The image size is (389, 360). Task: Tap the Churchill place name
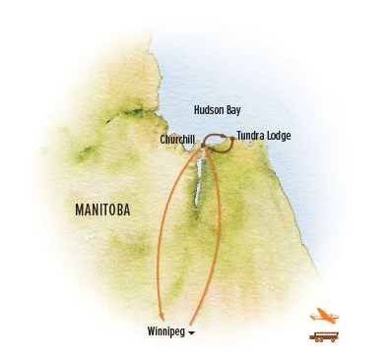[176, 140]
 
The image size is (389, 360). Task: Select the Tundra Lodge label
[264, 135]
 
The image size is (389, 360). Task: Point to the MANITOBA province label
[102, 210]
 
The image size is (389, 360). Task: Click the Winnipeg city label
[164, 330]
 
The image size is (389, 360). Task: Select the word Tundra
[250, 135]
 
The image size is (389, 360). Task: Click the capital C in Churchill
[162, 140]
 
